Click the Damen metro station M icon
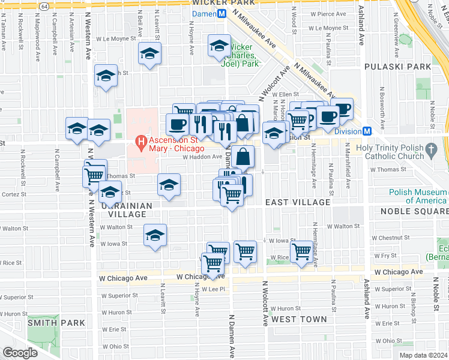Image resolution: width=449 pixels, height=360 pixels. pos(221,13)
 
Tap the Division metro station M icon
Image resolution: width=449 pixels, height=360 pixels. pos(366,131)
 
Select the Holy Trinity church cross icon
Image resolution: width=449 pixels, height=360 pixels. pos(430,149)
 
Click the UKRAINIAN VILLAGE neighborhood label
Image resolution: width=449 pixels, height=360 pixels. pos(127,209)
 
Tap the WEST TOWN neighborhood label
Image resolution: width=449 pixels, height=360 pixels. pos(299,320)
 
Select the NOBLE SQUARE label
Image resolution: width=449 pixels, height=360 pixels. pos(414,212)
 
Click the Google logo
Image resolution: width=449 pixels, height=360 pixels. pos(20,352)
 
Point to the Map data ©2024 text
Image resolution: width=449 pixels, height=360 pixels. pos(423,355)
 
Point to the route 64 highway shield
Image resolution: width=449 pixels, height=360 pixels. pos(46,5)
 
